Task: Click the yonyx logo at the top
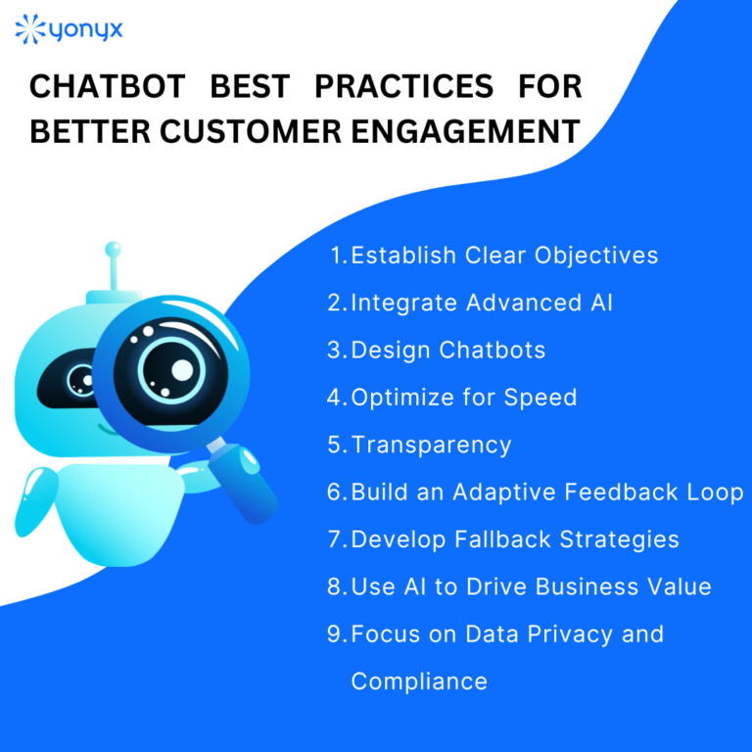[69, 29]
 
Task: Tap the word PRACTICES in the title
[403, 87]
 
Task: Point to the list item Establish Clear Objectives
[504, 256]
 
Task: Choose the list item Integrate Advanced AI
[482, 303]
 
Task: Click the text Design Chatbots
[448, 350]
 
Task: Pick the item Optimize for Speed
[464, 397]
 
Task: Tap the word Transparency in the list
[431, 445]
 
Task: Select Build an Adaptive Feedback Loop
[547, 492]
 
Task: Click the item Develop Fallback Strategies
[515, 539]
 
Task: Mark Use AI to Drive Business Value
[531, 587]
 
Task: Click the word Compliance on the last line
[419, 681]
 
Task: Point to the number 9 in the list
[335, 634]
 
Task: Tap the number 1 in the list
[337, 256]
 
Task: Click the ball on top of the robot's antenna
[114, 251]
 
